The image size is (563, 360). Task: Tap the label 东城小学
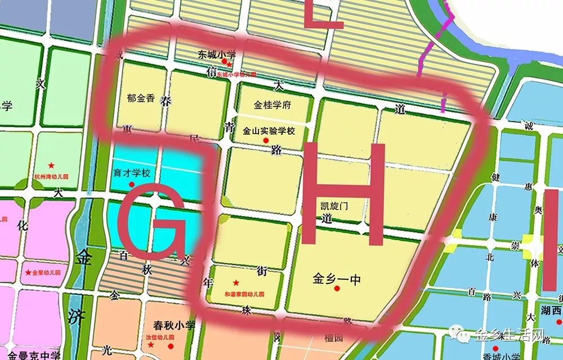point(216,55)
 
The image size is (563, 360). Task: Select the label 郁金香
point(141,97)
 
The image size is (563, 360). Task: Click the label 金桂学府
point(272,105)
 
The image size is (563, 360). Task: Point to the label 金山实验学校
point(269,131)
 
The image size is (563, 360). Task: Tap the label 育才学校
point(131,174)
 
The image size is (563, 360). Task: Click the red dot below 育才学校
point(132,184)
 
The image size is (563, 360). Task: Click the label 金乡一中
point(336,278)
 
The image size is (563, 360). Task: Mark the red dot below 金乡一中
point(337,289)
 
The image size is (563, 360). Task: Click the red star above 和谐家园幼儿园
point(236,283)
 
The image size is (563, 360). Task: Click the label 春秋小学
point(174,326)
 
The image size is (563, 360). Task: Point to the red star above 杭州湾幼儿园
point(51,166)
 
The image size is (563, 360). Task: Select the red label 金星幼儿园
point(46,272)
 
